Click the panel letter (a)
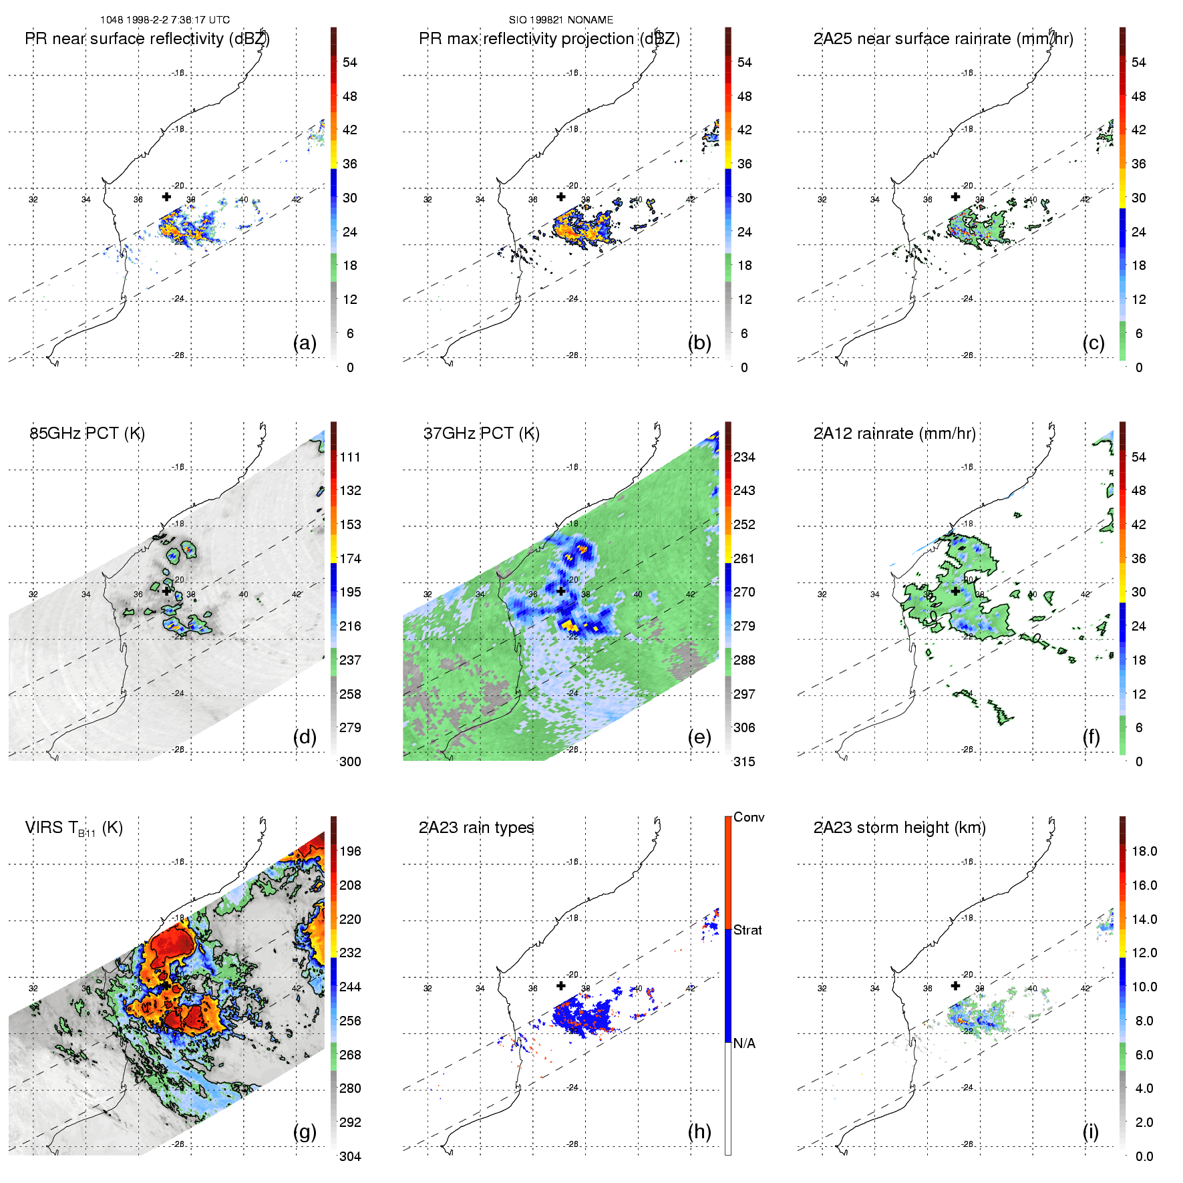pyautogui.click(x=305, y=343)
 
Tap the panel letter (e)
pyautogui.click(x=699, y=737)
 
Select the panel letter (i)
pyautogui.click(x=1090, y=1132)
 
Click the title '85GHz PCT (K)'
pyautogui.click(x=87, y=434)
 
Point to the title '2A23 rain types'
pyautogui.click(x=476, y=828)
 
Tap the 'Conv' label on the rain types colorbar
pyautogui.click(x=749, y=818)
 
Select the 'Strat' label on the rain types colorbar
pyautogui.click(x=747, y=931)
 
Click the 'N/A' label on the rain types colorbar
pyautogui.click(x=744, y=1043)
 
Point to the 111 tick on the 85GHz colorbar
pyautogui.click(x=350, y=458)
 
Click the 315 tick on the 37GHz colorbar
pyautogui.click(x=744, y=762)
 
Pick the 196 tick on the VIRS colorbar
pyautogui.click(x=350, y=852)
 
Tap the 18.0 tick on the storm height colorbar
pyautogui.click(x=1144, y=852)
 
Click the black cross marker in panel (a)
pyautogui.click(x=166, y=196)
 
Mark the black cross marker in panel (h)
pyautogui.click(x=561, y=985)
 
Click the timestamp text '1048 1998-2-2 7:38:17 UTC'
pyautogui.click(x=165, y=20)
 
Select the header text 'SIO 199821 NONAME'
pyautogui.click(x=561, y=20)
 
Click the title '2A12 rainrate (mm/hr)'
pyautogui.click(x=894, y=434)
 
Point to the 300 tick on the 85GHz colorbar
pyautogui.click(x=350, y=762)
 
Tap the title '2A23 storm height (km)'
pyautogui.click(x=899, y=828)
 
